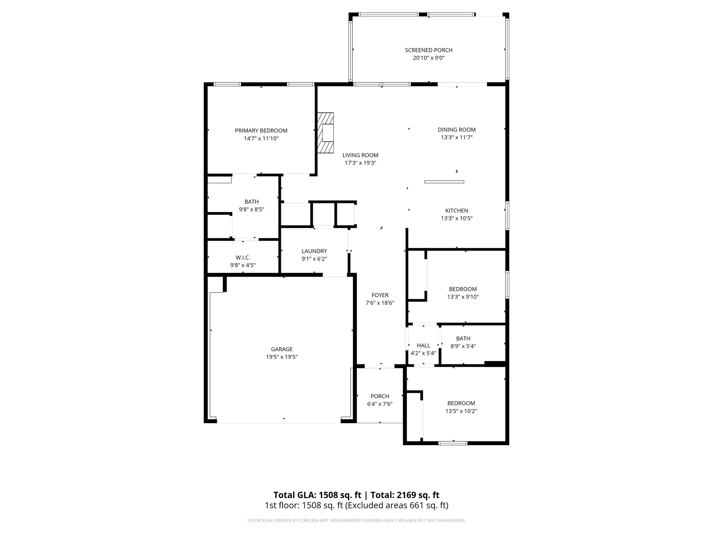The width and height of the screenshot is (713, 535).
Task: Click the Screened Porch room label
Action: (x=429, y=50)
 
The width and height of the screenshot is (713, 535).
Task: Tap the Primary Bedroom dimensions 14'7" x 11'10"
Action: (x=261, y=139)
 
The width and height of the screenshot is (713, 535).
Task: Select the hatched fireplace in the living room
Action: (x=325, y=132)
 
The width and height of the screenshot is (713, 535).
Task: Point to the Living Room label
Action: (x=360, y=155)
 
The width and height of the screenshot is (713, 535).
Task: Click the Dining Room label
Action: (x=456, y=130)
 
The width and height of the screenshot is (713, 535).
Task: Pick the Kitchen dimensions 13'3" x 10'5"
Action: (x=456, y=218)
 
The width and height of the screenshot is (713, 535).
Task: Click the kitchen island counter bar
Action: (x=444, y=181)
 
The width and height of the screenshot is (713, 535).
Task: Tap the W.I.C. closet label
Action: (x=243, y=257)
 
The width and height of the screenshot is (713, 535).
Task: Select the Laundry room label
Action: (x=314, y=251)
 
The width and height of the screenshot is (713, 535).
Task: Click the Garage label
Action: (x=282, y=349)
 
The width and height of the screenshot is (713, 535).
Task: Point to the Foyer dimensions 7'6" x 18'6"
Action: (x=379, y=303)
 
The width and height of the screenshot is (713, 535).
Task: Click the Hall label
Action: (x=423, y=346)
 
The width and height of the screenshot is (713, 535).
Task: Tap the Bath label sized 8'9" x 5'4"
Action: (x=463, y=339)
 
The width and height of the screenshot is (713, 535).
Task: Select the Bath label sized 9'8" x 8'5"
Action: (x=251, y=202)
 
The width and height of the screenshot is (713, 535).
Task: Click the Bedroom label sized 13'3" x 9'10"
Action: (x=463, y=289)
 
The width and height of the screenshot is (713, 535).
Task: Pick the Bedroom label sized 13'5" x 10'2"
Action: (x=461, y=403)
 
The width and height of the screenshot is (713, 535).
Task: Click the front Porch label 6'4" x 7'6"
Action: (x=379, y=396)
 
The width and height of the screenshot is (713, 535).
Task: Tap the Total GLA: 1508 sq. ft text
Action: (x=317, y=495)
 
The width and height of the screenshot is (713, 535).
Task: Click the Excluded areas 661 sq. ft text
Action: (x=397, y=505)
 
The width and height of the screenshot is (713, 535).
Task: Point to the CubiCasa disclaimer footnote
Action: (x=356, y=521)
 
